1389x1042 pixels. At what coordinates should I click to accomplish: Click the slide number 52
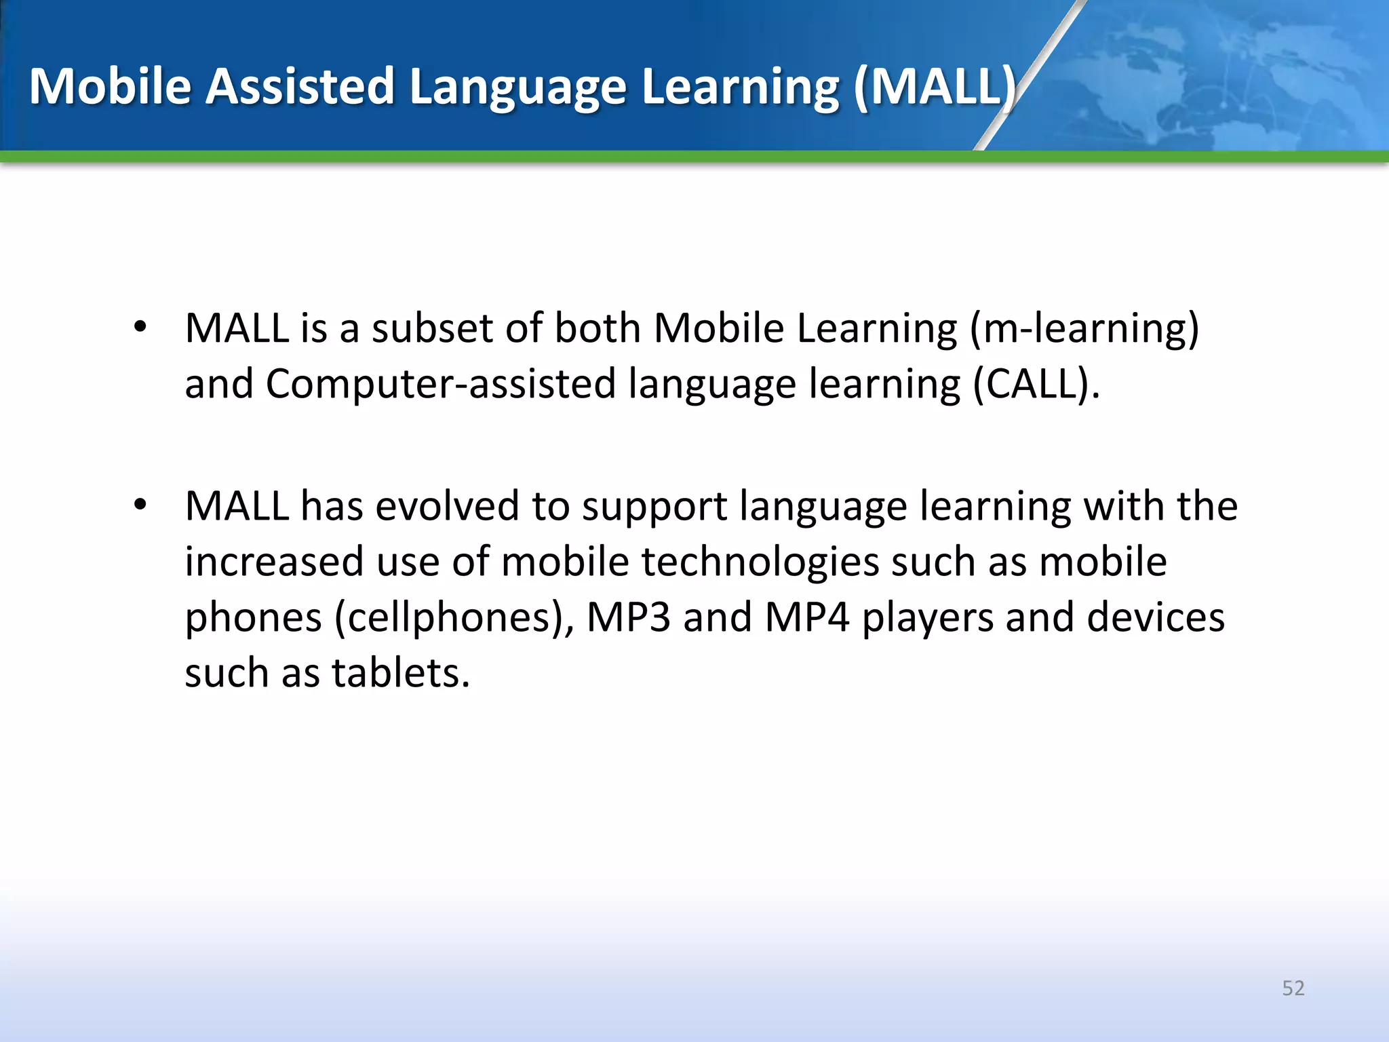1293,988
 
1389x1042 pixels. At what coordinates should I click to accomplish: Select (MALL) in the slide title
935,87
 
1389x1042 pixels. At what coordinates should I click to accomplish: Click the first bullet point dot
140,328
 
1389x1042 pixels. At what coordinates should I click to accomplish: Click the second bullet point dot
140,505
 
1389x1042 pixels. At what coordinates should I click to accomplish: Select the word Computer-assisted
441,385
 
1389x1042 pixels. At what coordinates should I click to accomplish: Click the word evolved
447,506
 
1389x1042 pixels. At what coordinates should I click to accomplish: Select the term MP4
806,617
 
